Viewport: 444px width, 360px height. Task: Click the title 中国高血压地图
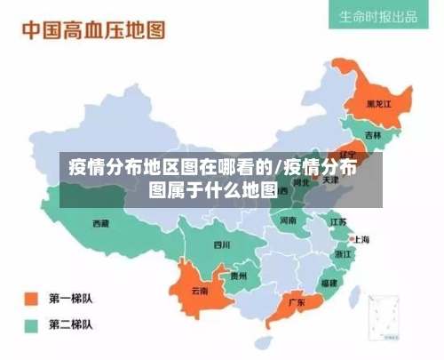coord(93,31)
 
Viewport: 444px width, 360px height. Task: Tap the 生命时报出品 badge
coord(379,17)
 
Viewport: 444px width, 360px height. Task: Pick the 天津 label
coord(329,180)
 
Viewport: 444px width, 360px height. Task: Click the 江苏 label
coord(338,221)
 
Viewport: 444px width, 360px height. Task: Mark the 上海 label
coord(361,239)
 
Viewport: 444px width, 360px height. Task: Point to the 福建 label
coord(329,283)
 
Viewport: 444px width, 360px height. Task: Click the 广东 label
coord(296,302)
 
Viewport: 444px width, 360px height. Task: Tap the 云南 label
coord(201,291)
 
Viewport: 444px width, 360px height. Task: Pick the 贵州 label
coord(239,276)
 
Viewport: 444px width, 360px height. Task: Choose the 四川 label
coord(221,244)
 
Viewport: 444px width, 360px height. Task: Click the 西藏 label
coord(101,224)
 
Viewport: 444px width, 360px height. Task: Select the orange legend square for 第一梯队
coord(33,298)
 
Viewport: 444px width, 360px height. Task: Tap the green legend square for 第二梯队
coord(33,324)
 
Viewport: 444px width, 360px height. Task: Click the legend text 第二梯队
coord(72,324)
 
